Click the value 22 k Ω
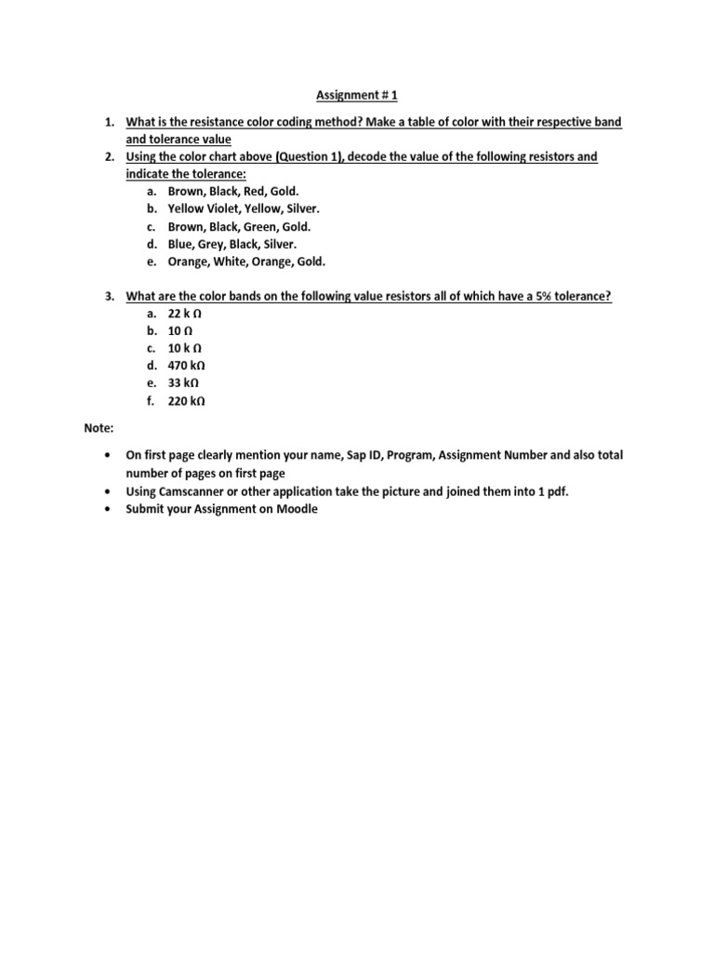[185, 315]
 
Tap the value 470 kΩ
[186, 367]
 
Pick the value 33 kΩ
[183, 384]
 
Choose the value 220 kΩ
[186, 402]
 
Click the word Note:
[97, 428]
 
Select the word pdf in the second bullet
[558, 491]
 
